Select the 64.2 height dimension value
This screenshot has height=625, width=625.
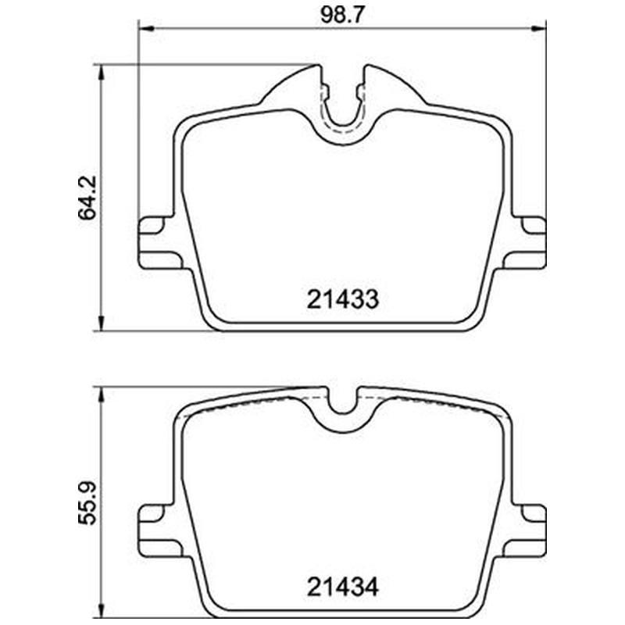click(87, 198)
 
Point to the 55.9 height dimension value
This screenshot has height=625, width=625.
click(87, 503)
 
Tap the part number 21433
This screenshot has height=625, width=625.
click(342, 299)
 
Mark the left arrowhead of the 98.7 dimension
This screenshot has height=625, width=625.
click(145, 28)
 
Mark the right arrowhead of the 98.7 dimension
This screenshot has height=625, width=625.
click(538, 28)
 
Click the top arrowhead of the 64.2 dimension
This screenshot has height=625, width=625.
click(102, 72)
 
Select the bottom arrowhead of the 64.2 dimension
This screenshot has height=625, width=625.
click(102, 323)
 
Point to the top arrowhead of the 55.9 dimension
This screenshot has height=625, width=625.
click(102, 395)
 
